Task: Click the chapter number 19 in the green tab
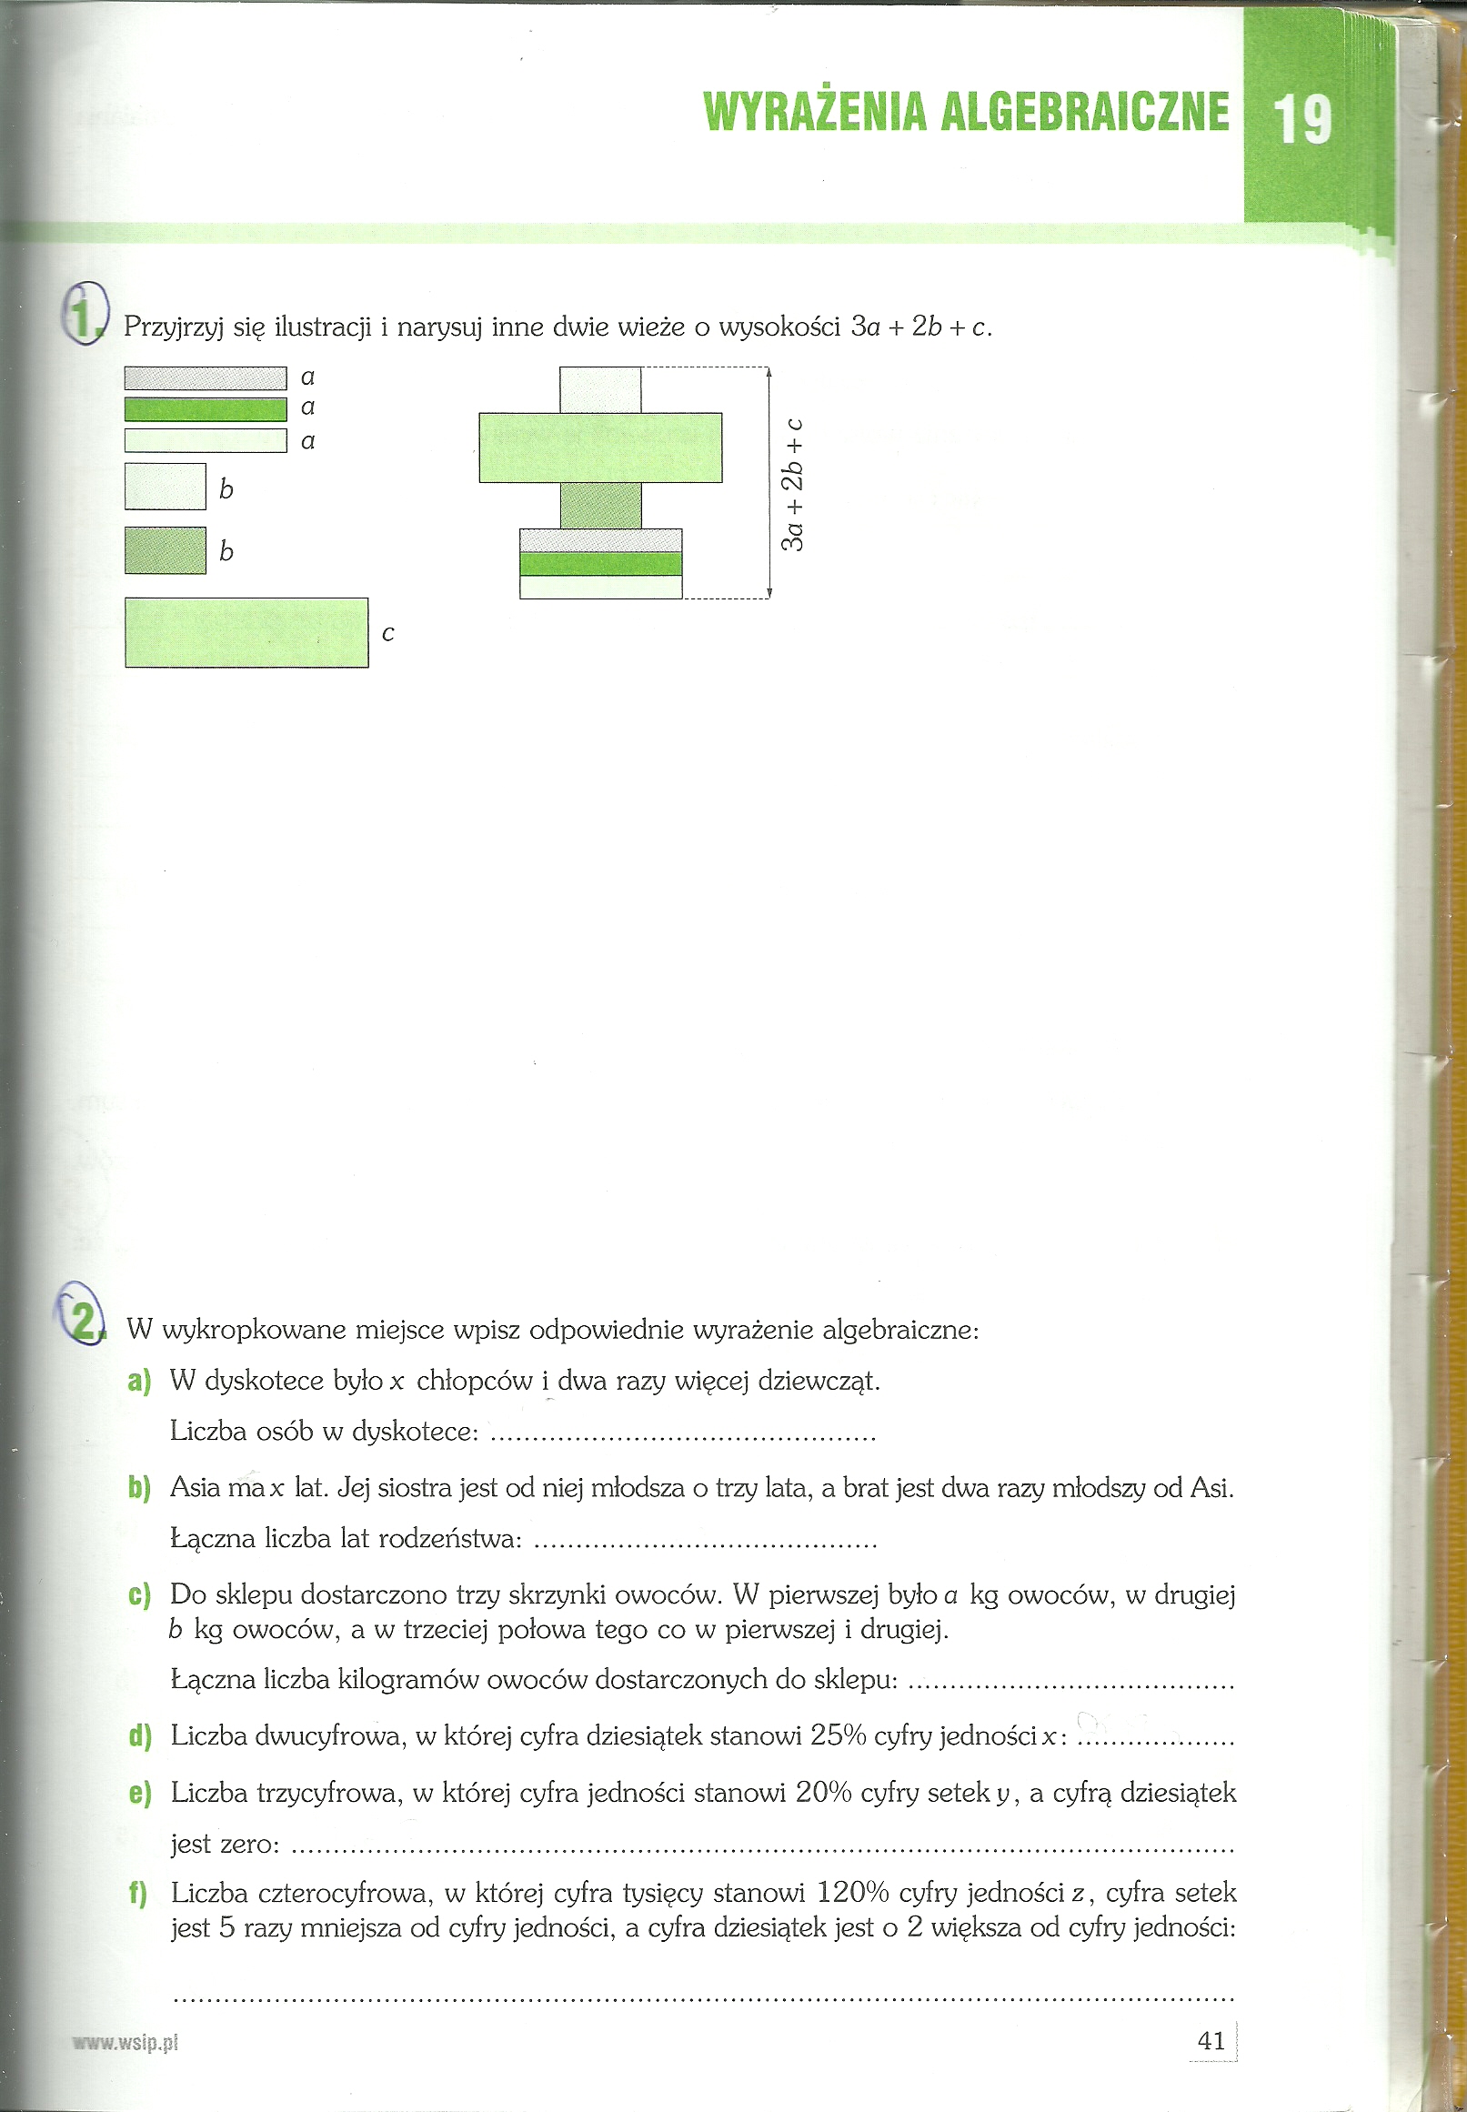1301,120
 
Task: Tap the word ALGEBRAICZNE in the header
1085,111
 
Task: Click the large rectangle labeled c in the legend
246,632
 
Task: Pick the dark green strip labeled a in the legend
205,408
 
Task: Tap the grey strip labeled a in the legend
205,377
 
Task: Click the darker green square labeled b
166,550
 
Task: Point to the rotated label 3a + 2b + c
792,485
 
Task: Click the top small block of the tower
600,389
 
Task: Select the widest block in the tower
600,448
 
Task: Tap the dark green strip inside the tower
600,563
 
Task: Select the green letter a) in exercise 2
139,1381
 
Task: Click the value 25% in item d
839,1735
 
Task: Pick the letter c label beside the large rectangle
387,633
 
